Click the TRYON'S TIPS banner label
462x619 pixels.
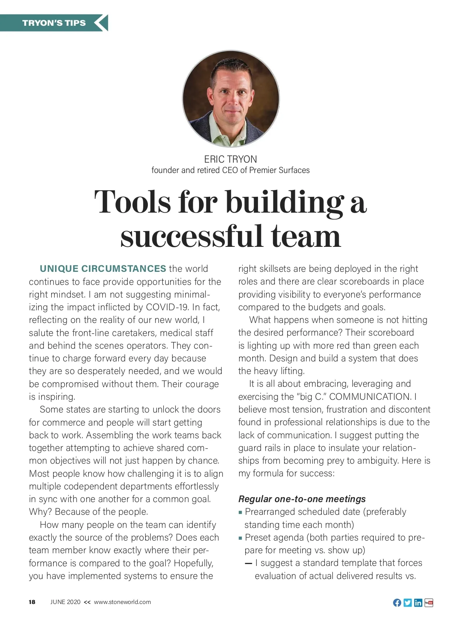pos(54,23)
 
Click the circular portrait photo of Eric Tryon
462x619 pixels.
pos(231,98)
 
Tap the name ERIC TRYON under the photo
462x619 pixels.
pos(230,159)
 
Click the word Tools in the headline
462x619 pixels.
pos(132,202)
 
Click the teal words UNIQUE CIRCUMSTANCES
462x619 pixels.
pos(103,269)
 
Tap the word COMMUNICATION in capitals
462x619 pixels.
pos(370,397)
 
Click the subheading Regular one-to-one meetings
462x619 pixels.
pos(302,499)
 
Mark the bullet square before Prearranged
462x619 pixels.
pos(241,513)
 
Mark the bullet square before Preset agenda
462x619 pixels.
pos(241,538)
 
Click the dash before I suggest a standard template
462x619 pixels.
pos(249,564)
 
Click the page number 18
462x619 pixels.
pos(32,602)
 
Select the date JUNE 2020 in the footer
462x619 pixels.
pos(65,602)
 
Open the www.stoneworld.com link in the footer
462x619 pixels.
pos(122,602)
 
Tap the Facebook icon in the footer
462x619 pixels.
pos(397,603)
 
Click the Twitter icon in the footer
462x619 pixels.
pos(408,603)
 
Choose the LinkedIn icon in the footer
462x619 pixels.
pos(418,603)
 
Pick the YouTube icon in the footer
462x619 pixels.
pos(429,603)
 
